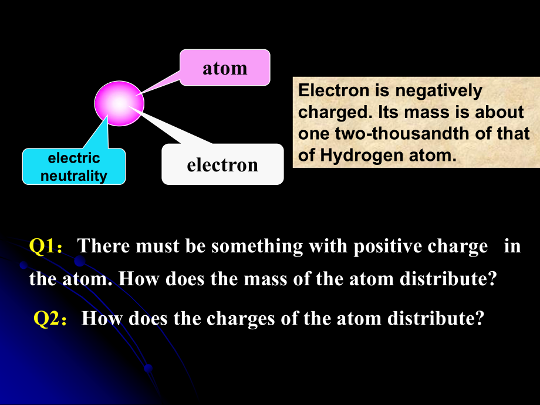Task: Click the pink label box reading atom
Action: (x=225, y=67)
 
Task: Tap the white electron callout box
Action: (x=222, y=164)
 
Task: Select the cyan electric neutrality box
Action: (x=74, y=167)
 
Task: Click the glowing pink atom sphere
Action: (x=119, y=103)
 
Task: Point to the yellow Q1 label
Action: (x=42, y=247)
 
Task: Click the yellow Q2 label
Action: (x=46, y=319)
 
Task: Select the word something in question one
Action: (x=257, y=247)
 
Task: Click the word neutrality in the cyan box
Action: (x=74, y=176)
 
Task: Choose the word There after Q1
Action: (x=104, y=247)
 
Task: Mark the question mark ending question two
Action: (x=480, y=319)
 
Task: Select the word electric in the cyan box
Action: (x=74, y=158)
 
